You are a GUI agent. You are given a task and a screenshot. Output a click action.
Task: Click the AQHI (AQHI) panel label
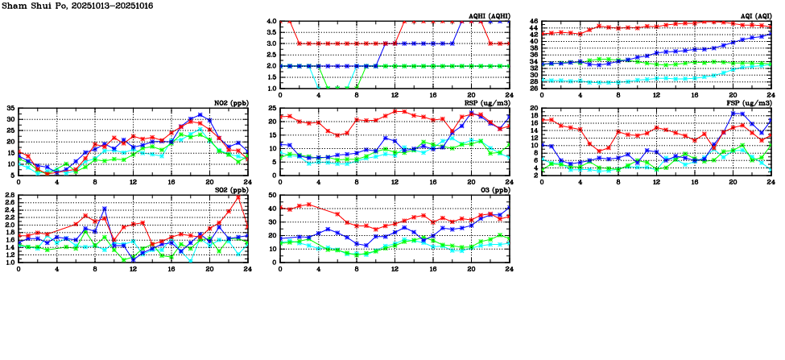coord(489,15)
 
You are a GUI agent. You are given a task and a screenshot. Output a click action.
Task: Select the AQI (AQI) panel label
coord(755,15)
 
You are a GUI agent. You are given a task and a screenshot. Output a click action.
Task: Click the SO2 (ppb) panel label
coord(229,190)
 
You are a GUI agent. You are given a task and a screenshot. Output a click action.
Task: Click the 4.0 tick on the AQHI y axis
coord(271,22)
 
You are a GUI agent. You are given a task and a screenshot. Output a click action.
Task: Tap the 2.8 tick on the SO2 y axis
coord(10,196)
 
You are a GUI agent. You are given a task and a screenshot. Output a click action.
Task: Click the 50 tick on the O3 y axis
coord(273,196)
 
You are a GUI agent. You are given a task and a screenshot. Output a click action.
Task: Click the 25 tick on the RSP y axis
coord(273,108)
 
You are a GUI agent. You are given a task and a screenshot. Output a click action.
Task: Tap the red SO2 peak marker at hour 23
coord(238,197)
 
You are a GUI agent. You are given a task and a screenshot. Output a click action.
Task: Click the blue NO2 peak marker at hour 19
coord(200,115)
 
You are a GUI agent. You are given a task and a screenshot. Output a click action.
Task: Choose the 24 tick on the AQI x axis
coord(771,95)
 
